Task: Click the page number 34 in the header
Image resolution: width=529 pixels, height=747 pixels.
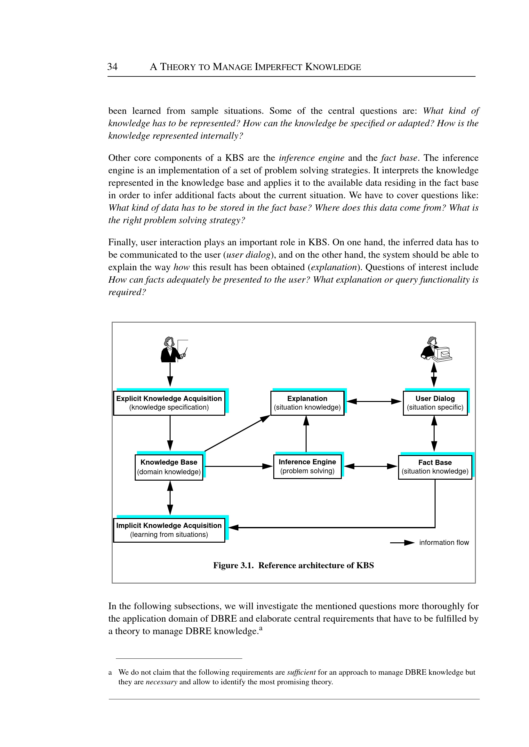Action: (x=112, y=67)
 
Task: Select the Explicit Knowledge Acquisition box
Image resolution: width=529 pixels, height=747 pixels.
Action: (x=169, y=403)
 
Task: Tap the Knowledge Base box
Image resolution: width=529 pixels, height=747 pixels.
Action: (x=169, y=467)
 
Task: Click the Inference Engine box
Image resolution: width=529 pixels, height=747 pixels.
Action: (x=307, y=467)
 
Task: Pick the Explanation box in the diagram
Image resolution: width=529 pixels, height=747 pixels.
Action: (x=307, y=403)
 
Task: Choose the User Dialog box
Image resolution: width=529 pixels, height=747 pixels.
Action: (x=435, y=403)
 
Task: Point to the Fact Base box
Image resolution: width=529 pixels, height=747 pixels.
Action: (x=435, y=467)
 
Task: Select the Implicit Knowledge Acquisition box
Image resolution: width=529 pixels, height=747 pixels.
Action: (x=169, y=530)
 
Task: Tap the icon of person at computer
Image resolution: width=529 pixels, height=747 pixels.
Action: (x=436, y=349)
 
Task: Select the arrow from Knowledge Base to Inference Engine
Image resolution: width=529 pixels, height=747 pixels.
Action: (x=238, y=467)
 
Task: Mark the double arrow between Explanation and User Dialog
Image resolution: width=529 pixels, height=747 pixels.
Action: (x=373, y=401)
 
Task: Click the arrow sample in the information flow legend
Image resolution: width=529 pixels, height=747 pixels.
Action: (x=402, y=543)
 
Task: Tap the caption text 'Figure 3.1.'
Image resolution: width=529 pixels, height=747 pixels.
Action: (x=233, y=565)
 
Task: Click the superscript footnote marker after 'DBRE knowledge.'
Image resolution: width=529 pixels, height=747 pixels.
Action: (x=260, y=628)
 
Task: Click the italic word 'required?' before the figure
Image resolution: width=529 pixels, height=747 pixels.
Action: (x=127, y=292)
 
